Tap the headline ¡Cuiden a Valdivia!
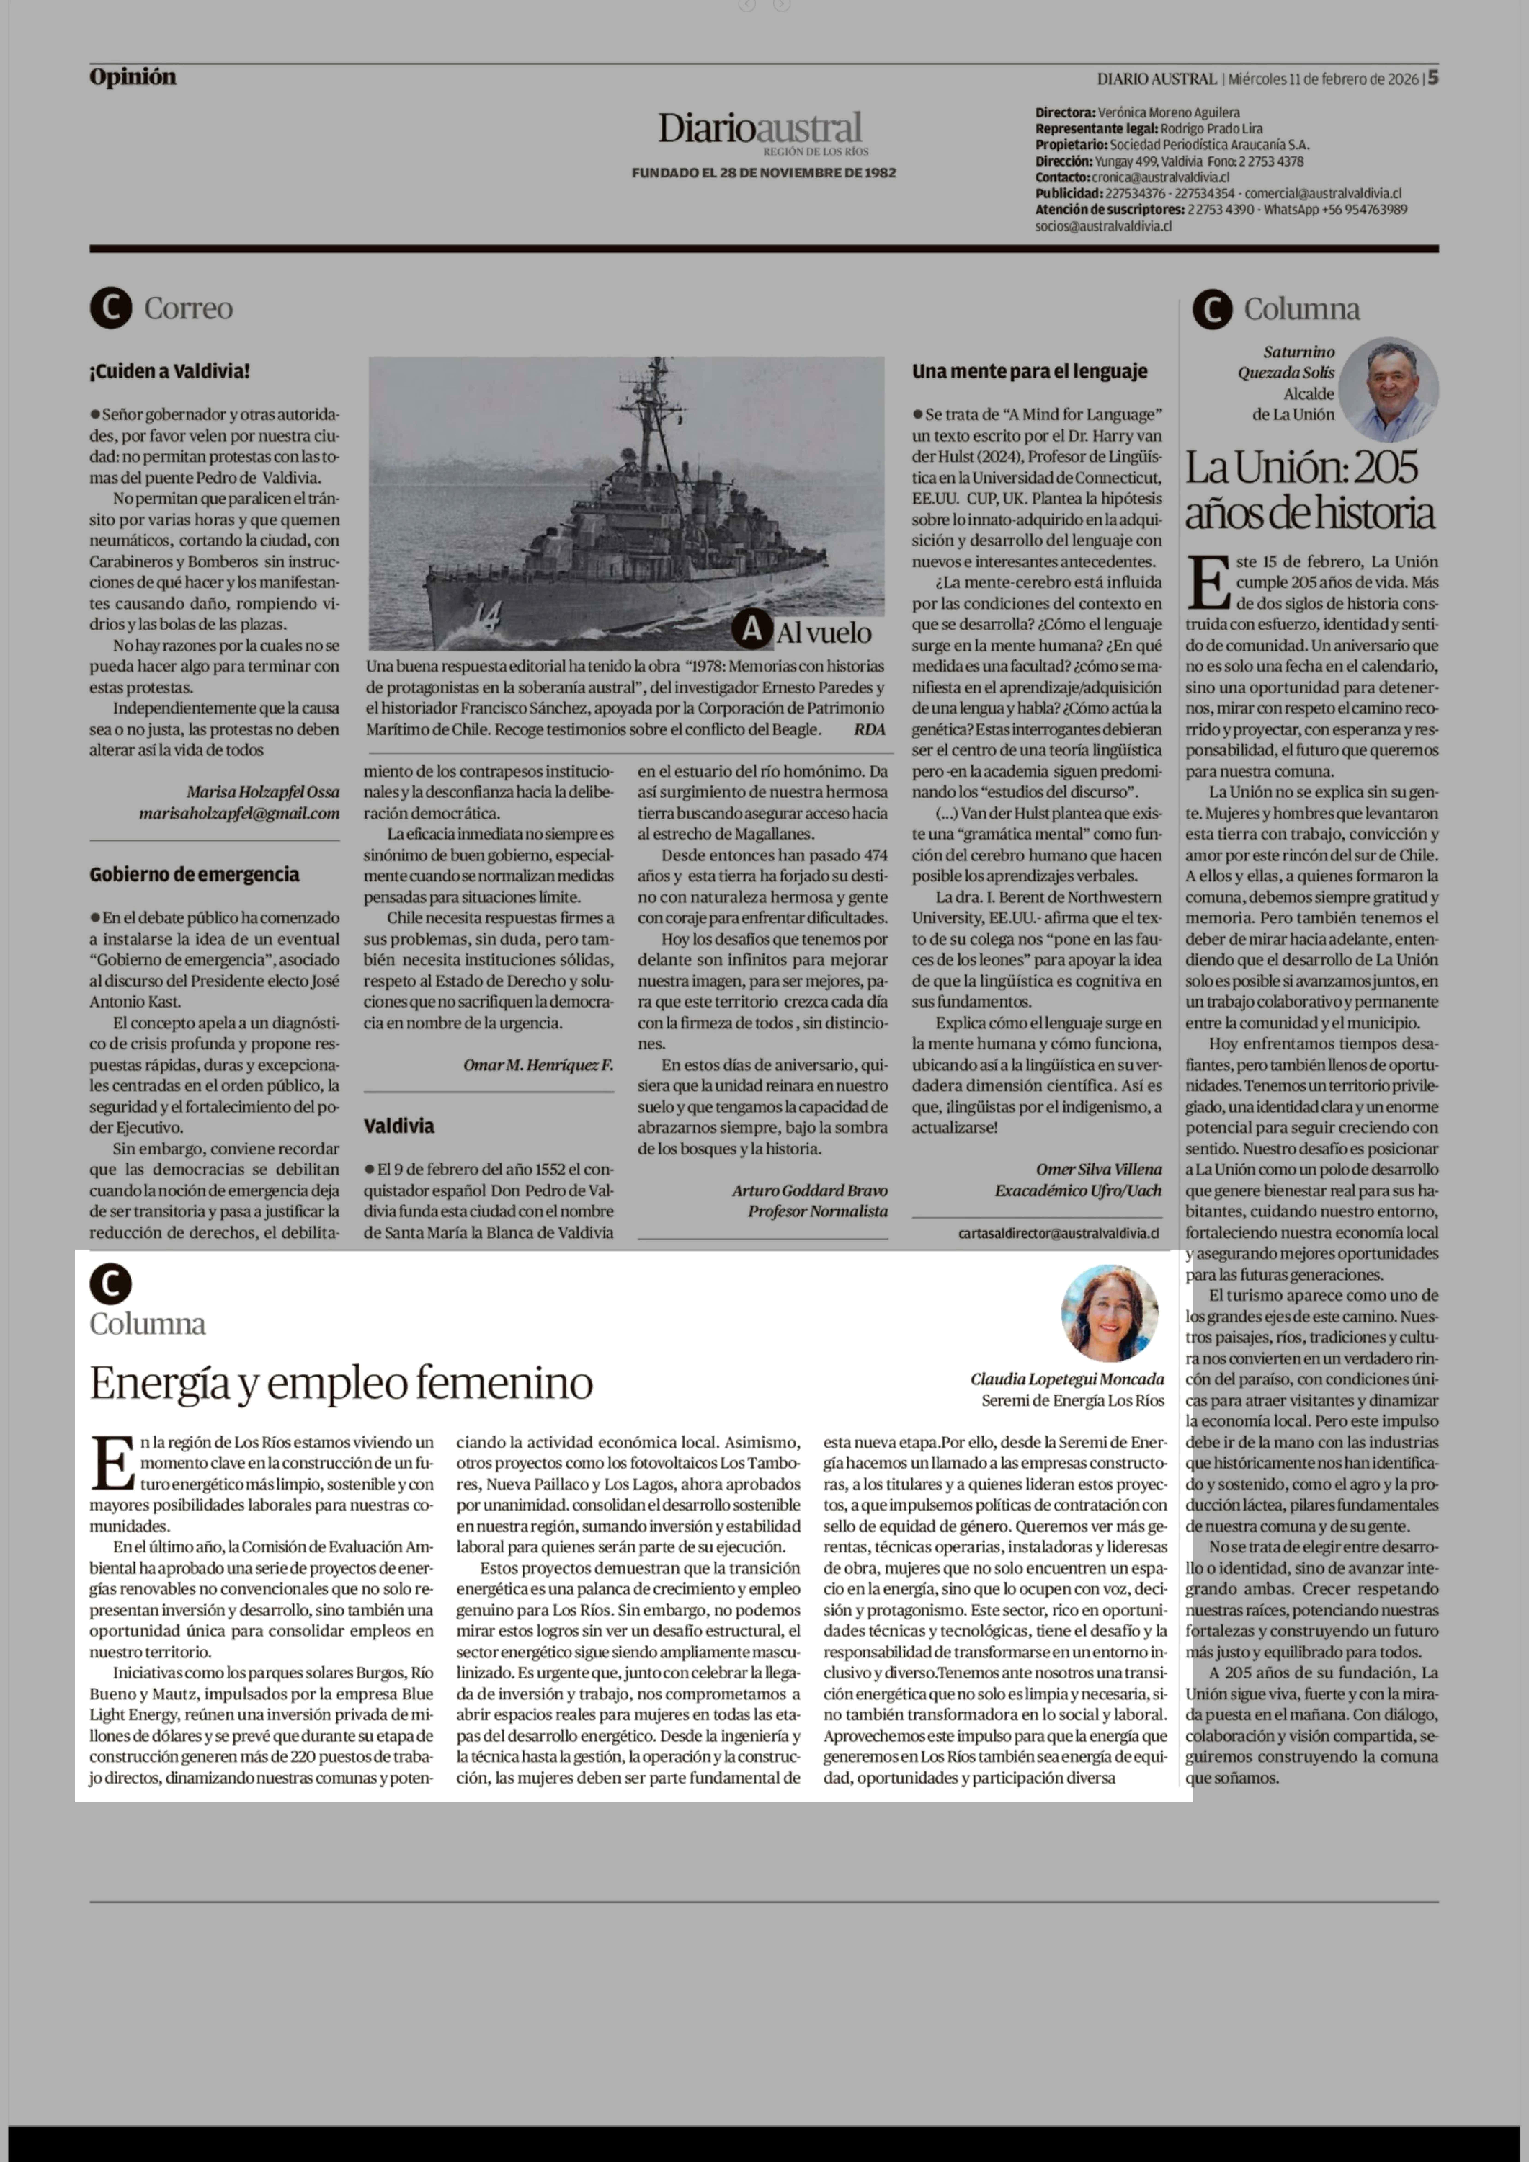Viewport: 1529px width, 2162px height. [x=169, y=371]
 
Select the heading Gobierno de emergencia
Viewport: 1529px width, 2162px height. [x=194, y=875]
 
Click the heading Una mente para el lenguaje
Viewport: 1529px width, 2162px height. [x=1029, y=371]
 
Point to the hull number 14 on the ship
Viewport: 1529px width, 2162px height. [x=488, y=619]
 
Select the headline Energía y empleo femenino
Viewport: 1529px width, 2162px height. [x=341, y=1382]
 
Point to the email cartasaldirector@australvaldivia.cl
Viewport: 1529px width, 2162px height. [x=1058, y=1233]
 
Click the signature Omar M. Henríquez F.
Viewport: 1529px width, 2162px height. [x=537, y=1065]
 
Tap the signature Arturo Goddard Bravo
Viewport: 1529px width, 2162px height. [x=810, y=1190]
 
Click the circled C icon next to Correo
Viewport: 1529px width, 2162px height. [x=111, y=308]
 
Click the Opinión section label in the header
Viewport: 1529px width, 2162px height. [x=133, y=77]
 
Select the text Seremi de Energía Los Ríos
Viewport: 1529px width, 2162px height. [x=1072, y=1400]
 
